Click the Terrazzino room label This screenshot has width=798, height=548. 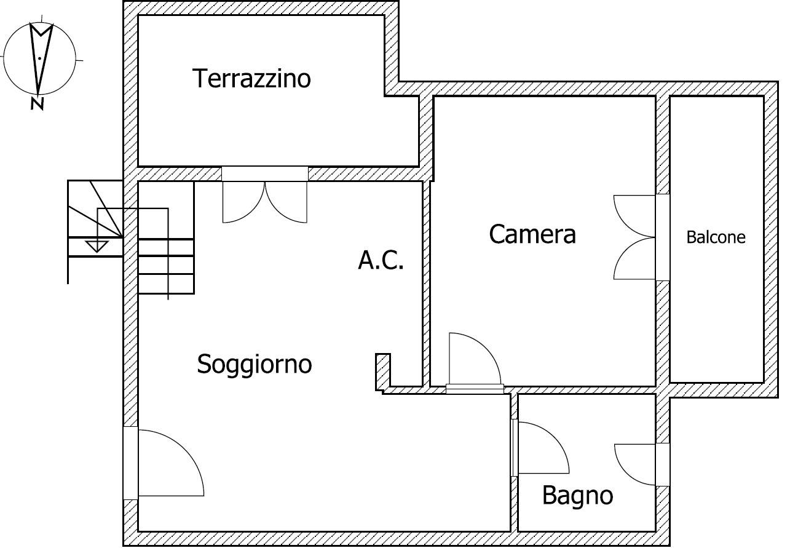tap(251, 79)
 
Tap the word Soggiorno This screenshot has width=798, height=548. tap(254, 364)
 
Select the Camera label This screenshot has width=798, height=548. tap(532, 234)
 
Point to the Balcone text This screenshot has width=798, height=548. tap(716, 237)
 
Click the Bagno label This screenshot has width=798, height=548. tap(577, 495)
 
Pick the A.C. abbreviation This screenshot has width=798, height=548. tap(381, 261)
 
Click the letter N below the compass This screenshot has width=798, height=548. tap(38, 104)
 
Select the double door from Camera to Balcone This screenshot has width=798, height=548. tap(635, 237)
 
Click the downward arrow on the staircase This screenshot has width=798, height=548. tap(96, 245)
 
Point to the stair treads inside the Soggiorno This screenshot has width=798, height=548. tap(166, 265)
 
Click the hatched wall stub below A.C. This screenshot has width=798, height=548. tap(383, 372)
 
